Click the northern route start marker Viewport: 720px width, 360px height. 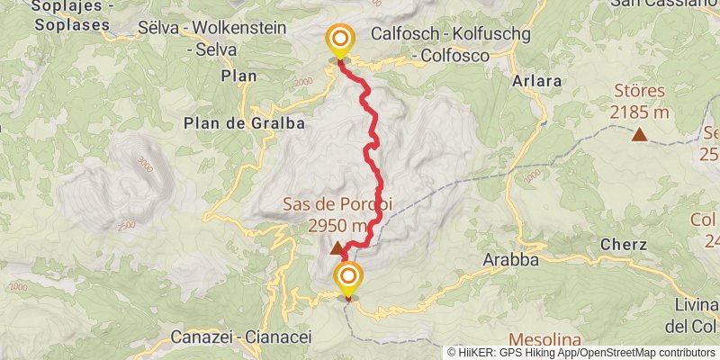[x=340, y=40]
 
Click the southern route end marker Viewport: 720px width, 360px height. [x=348, y=276]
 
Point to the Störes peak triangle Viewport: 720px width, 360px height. [x=639, y=135]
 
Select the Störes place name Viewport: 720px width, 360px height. [x=639, y=92]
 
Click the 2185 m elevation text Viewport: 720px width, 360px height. [x=639, y=112]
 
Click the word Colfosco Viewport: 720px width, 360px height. [x=459, y=56]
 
